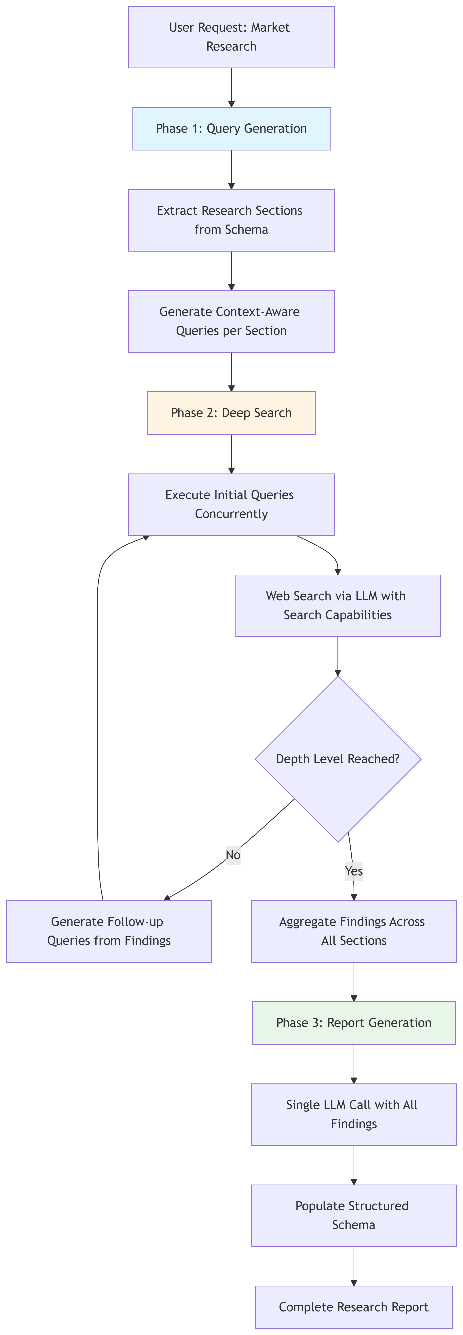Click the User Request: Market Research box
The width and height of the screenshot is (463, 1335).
pos(231,37)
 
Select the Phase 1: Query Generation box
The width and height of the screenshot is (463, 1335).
pos(231,129)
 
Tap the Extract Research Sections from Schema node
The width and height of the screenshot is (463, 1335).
pos(231,220)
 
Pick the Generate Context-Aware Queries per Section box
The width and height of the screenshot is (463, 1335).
pos(231,321)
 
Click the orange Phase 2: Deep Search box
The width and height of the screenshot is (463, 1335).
pos(231,413)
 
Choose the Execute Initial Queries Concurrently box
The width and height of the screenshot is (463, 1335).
pos(231,504)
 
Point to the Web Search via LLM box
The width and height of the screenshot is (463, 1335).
pos(338,605)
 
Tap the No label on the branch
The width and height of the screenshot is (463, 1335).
pos(233,855)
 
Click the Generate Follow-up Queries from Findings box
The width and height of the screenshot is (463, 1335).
pos(109,931)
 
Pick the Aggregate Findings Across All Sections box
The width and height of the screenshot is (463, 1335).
pos(354,931)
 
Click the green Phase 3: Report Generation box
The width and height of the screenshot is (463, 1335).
pos(354,1022)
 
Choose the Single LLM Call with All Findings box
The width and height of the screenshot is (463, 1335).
pos(354,1114)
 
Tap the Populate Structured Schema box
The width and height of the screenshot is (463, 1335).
pos(354,1215)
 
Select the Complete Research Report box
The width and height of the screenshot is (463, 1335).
pos(354,1307)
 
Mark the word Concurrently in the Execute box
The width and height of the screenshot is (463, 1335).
pos(231,514)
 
